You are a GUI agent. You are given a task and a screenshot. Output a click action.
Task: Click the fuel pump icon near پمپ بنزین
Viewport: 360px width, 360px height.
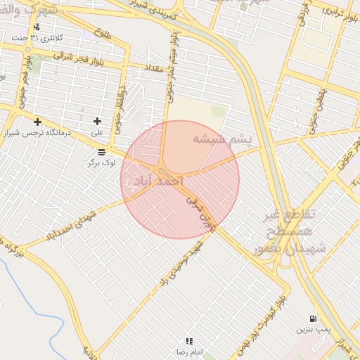pyautogui.click(x=312, y=319)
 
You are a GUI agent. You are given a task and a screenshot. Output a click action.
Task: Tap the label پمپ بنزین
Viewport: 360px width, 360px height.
pyautogui.click(x=312, y=329)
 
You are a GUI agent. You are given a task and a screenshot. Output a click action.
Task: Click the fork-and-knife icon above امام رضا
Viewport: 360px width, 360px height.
pyautogui.click(x=189, y=340)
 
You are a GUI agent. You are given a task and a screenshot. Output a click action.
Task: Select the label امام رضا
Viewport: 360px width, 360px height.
pyautogui.click(x=189, y=351)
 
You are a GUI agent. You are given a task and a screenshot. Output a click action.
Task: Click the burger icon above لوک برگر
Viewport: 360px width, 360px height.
pyautogui.click(x=102, y=152)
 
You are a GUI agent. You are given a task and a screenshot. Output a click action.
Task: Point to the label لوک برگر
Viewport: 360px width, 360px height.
pyautogui.click(x=100, y=162)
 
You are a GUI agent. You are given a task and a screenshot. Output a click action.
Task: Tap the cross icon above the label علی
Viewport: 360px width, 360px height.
pyautogui.click(x=97, y=122)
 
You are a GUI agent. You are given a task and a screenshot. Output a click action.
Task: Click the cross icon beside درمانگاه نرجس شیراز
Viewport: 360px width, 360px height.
pyautogui.click(x=37, y=122)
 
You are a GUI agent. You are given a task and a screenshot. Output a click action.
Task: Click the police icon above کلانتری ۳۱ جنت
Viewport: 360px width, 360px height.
pyautogui.click(x=37, y=27)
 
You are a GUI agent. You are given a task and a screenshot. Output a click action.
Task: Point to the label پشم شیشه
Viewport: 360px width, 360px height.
pyautogui.click(x=221, y=140)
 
